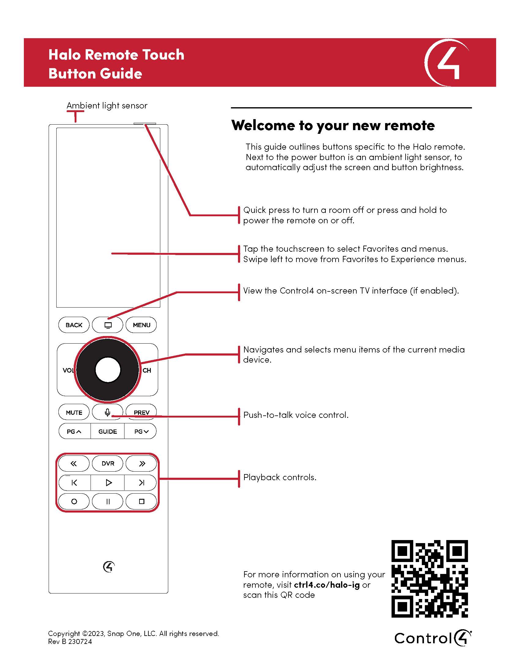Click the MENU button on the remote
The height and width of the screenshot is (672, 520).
point(141,325)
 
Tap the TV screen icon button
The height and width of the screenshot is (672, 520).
point(107,325)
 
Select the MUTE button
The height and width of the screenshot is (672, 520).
point(74,412)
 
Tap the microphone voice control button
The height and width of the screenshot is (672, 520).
point(107,412)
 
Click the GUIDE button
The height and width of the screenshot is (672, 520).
point(107,431)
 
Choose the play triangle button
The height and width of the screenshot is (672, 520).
point(108,482)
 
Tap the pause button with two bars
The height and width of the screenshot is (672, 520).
point(107,501)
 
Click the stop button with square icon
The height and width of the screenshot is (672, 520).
point(141,501)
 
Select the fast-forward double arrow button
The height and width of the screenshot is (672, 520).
point(141,463)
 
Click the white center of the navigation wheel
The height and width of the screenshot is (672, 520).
point(108,370)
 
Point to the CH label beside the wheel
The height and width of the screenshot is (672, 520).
point(147,371)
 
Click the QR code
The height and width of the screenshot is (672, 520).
point(429,579)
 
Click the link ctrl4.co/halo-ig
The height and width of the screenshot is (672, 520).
point(327,585)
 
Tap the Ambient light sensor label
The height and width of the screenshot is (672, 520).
point(107,106)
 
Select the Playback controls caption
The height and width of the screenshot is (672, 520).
point(280,477)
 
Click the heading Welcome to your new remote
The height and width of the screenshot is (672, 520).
point(333,125)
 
